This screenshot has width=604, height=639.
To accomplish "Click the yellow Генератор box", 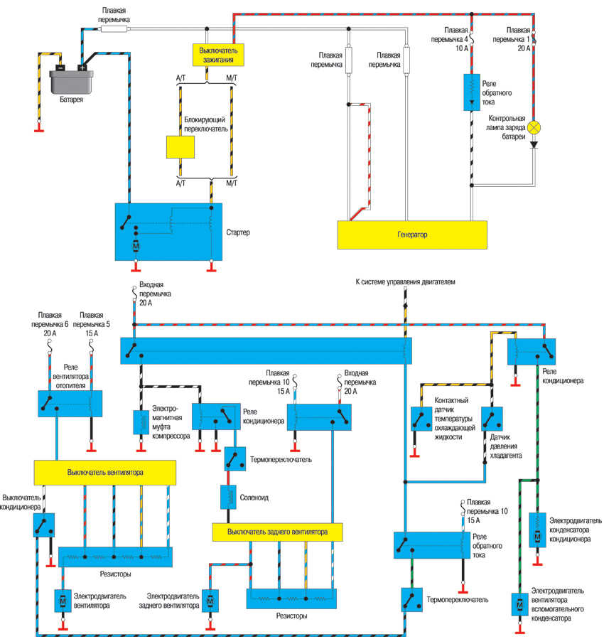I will coord(412,234).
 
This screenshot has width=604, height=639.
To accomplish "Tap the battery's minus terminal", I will coord(61,68).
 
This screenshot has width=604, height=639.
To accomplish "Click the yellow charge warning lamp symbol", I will coord(538,128).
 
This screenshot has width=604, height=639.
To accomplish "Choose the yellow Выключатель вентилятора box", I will coord(105,472).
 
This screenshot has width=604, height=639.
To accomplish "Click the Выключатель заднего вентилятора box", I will coord(277,531).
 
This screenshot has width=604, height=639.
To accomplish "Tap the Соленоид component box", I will coord(229,498).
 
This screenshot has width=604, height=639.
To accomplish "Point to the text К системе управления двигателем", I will coord(405,282).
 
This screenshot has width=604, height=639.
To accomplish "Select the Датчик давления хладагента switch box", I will coord(491,419).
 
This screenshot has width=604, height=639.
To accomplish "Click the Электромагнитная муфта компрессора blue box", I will coord(140,422).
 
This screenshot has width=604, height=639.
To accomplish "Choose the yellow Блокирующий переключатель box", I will coord(180,146).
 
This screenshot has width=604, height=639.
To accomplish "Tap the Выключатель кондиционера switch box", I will coord(43,525).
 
